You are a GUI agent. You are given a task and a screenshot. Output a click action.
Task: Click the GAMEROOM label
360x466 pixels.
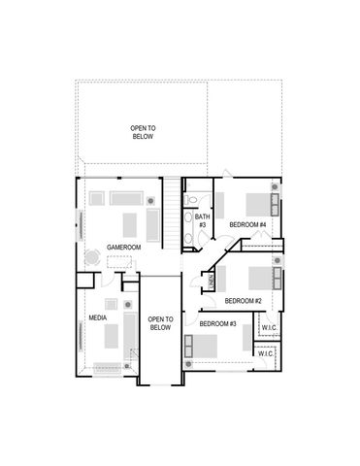pos(124,248)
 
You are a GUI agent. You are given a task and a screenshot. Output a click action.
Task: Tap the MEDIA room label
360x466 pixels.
pos(98,317)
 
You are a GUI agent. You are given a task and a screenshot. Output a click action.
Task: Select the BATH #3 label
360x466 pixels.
pos(203,220)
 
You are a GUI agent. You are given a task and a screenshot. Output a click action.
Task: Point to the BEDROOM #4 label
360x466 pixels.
pos(247,225)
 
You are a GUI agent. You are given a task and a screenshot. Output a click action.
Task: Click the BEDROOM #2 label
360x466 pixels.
pos(244,301)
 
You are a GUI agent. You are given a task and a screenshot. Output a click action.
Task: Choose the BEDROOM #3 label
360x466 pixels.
pos(218,323)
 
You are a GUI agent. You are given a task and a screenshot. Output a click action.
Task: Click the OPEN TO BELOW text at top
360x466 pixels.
pos(143,132)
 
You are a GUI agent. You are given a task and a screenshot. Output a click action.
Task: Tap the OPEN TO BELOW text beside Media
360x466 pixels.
pos(160,323)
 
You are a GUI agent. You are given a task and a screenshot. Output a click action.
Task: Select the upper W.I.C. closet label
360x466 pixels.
pos(269,327)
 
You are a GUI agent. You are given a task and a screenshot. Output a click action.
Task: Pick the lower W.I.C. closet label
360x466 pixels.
pos(266,354)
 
